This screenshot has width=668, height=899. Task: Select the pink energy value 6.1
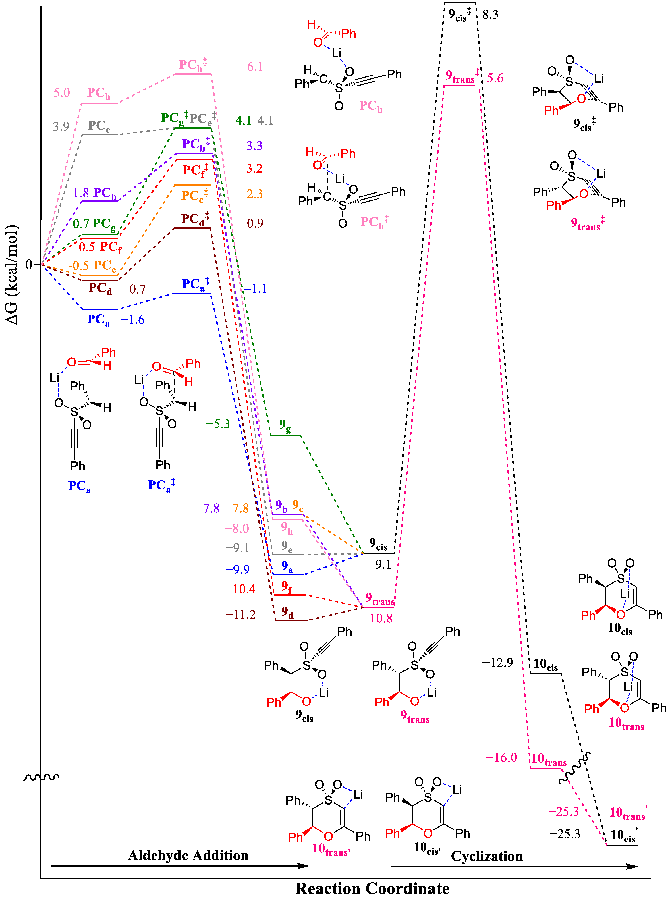point(255,67)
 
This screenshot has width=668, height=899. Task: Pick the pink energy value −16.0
point(501,757)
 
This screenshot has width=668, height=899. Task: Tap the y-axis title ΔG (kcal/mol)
point(12,275)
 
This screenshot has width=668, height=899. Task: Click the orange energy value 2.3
point(255,194)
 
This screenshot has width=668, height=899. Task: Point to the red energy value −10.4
point(240,589)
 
